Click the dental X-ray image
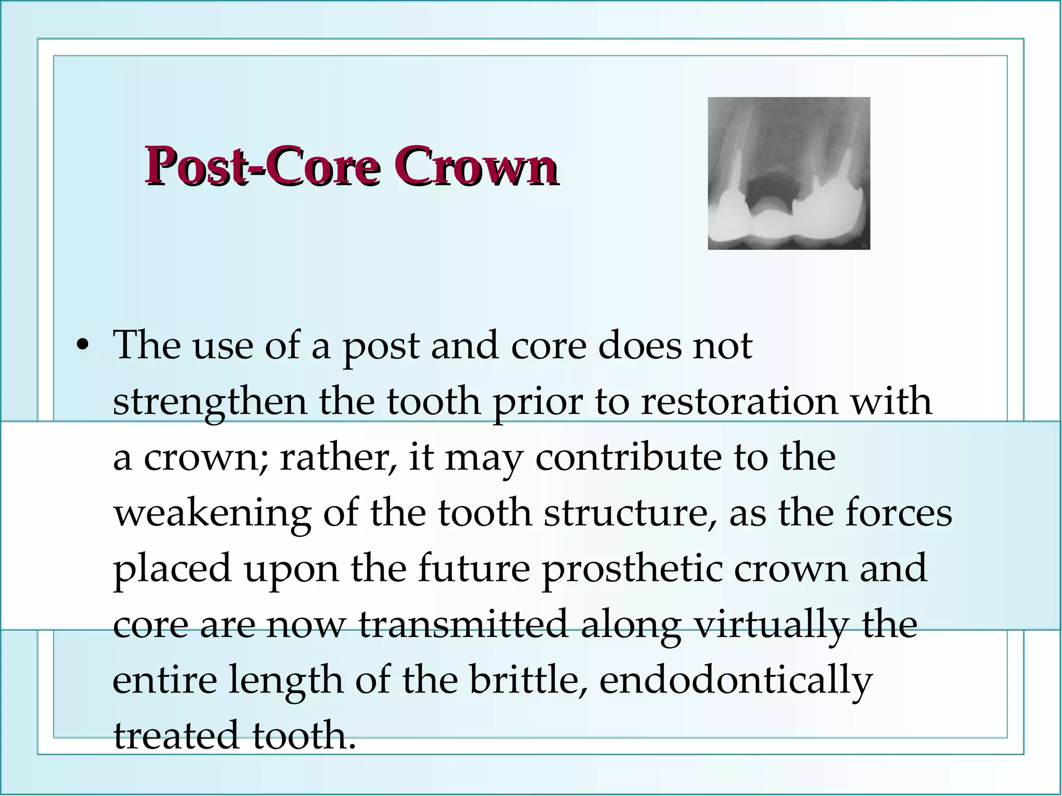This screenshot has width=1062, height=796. click(788, 173)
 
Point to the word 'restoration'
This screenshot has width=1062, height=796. click(739, 402)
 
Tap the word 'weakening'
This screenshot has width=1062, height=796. click(212, 515)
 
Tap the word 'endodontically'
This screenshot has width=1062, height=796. click(736, 681)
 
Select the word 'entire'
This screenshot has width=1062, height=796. click(164, 681)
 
